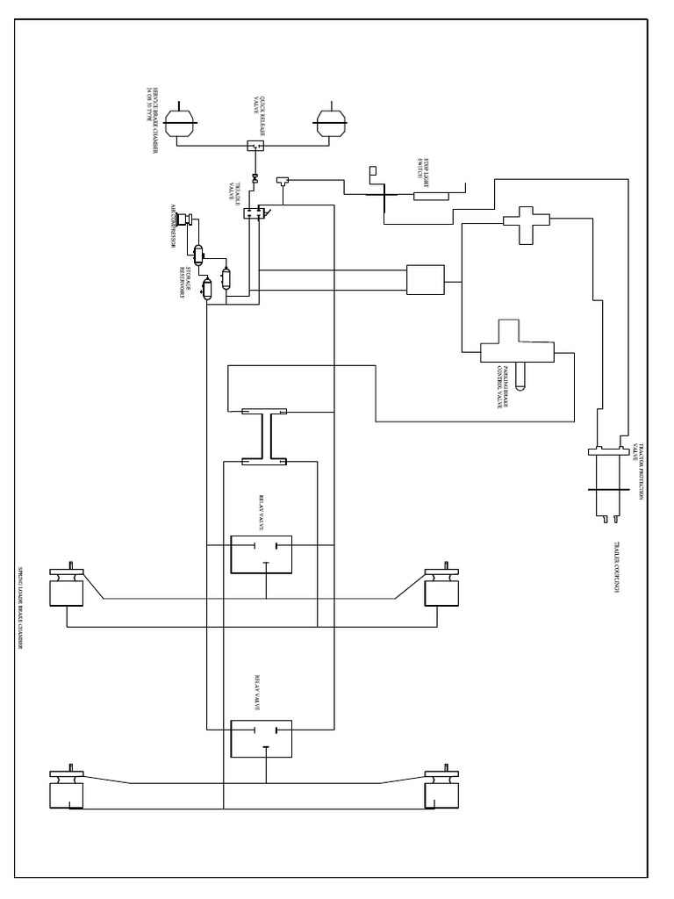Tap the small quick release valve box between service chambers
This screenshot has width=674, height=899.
point(255,146)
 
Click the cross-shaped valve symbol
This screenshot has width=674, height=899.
point(525,224)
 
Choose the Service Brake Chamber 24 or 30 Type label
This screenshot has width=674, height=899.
point(154,122)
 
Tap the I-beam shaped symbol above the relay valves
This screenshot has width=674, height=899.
point(266,434)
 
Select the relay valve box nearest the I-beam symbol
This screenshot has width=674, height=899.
point(261,554)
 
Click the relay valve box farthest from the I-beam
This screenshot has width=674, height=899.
point(261,737)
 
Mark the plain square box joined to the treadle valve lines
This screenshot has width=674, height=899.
point(425,281)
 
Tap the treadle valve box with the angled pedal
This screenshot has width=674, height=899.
point(255,212)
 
